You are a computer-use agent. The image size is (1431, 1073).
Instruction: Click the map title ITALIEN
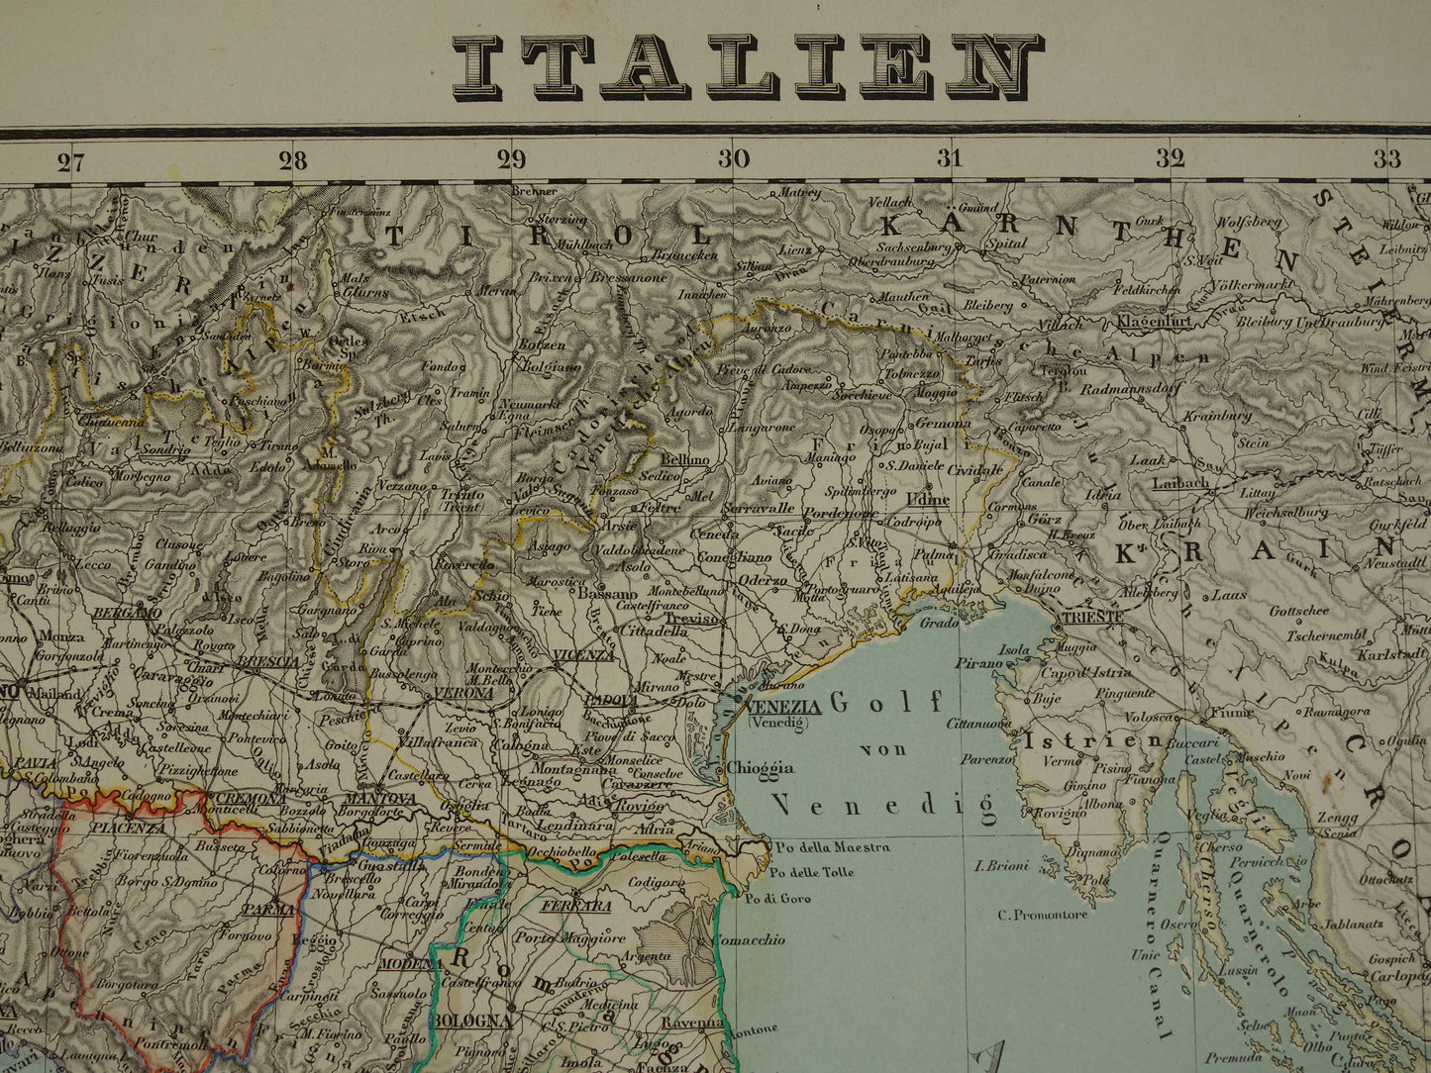[748, 67]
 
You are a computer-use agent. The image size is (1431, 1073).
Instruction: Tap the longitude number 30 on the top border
[734, 159]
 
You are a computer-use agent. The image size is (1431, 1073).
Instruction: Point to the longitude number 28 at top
[292, 161]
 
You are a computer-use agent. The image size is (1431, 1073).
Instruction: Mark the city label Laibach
[1180, 483]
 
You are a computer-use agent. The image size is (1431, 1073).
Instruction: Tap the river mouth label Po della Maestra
[832, 847]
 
